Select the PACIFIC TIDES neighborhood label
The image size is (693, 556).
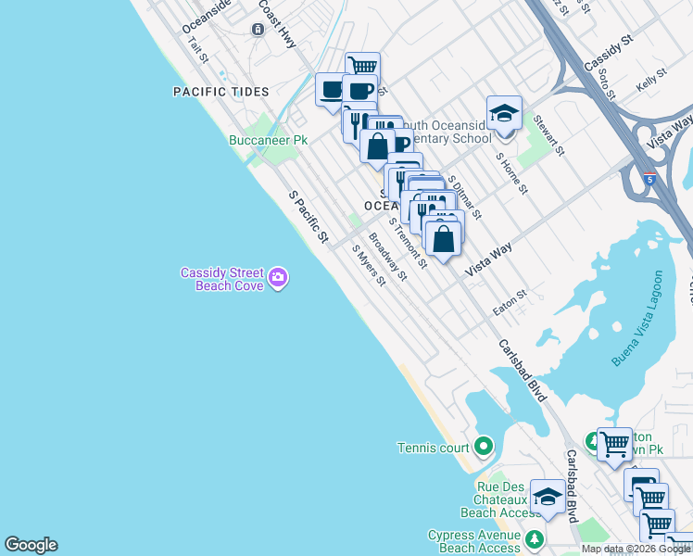tap(220, 92)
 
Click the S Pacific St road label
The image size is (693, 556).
tap(309, 218)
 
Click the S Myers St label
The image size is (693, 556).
tap(368, 265)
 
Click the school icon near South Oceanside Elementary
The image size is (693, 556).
tap(503, 113)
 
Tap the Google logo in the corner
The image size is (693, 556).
tap(31, 545)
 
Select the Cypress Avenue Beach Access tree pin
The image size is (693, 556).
tap(535, 539)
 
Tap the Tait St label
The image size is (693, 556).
tap(198, 49)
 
